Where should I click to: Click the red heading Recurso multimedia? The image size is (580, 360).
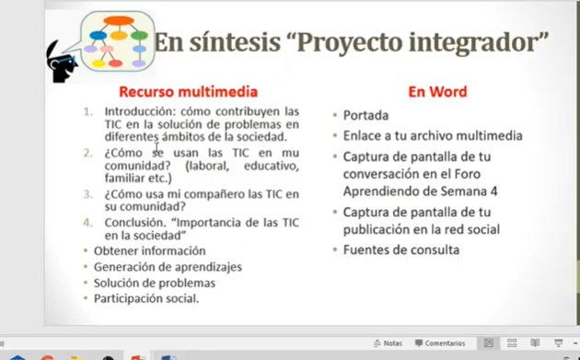[x=189, y=92]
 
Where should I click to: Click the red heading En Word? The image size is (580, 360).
[x=437, y=92]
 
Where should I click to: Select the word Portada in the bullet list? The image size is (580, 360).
[x=365, y=115]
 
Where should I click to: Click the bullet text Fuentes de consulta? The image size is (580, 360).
[x=401, y=250]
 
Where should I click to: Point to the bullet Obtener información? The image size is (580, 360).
[x=150, y=250]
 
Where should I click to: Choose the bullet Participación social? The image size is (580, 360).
[x=146, y=298]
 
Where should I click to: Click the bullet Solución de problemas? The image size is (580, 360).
[x=155, y=283]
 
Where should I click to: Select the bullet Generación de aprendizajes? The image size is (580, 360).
[x=168, y=267]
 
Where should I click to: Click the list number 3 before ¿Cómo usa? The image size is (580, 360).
[x=87, y=194]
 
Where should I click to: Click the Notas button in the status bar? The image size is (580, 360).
[x=388, y=343]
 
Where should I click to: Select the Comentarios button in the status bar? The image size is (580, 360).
[x=440, y=343]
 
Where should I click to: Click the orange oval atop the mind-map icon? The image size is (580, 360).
[x=119, y=21]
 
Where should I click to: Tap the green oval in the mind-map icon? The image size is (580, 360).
[x=139, y=36]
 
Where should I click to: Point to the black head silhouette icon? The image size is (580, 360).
[x=60, y=63]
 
